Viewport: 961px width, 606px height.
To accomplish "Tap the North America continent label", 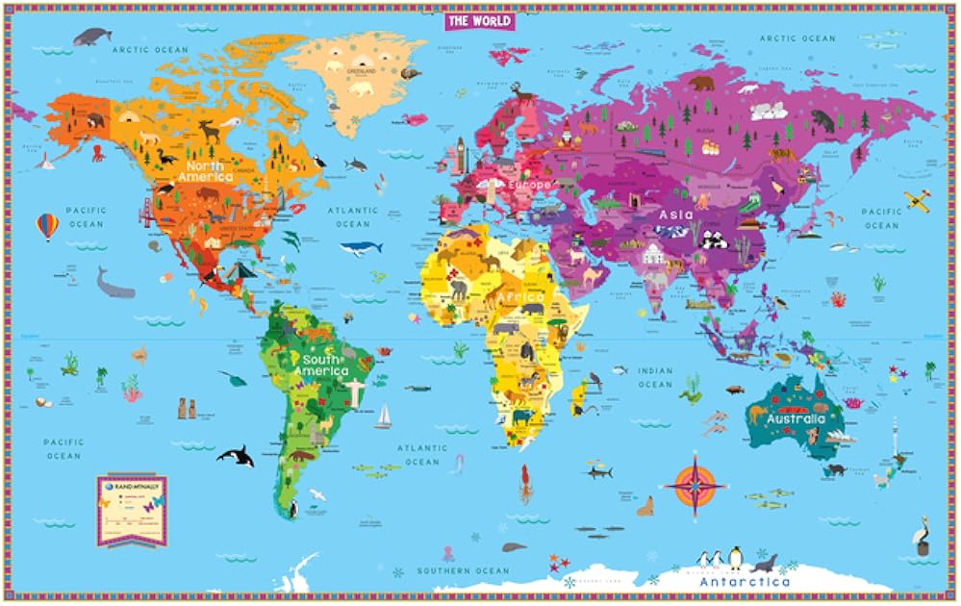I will pos(206,171).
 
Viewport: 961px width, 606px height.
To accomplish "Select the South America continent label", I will pos(321,365).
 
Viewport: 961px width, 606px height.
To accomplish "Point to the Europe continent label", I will pos(530,184).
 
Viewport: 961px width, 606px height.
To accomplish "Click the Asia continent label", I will pos(676,215).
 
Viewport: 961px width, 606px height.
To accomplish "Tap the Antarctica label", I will pos(745,582).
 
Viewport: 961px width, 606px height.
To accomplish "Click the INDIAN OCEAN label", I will pos(655,377).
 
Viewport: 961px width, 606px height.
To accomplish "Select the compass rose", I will pos(696,485).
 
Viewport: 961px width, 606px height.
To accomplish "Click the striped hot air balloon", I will pos(47,226).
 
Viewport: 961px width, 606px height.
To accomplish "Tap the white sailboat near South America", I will pos(384,416).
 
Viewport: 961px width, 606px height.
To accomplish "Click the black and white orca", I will pos(236,456).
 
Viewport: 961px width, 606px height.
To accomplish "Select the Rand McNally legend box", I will pos(132,510).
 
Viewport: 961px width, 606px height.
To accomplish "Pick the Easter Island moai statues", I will pos(185,407).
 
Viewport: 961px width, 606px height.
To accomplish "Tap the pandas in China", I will pos(717,240).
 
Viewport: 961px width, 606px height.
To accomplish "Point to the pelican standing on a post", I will pos(922,534).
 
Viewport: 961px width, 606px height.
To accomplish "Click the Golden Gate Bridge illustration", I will pos(148,214).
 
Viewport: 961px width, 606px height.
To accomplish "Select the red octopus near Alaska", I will pos(98,152).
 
